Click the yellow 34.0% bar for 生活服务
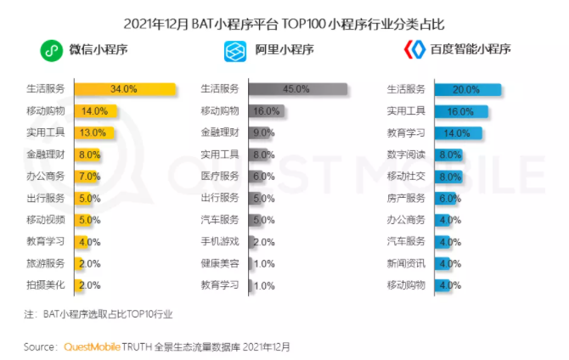(124, 88)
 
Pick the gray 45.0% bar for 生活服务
(297, 88)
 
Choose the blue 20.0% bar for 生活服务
(466, 88)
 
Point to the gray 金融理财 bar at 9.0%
(262, 132)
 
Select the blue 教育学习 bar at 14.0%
(458, 132)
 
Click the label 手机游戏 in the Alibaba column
(220, 241)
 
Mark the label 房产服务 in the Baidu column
(406, 198)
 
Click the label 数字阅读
(406, 155)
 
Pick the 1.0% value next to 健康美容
(264, 263)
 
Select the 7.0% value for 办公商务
(88, 176)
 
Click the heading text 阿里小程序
(284, 50)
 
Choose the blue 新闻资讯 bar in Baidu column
(446, 263)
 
